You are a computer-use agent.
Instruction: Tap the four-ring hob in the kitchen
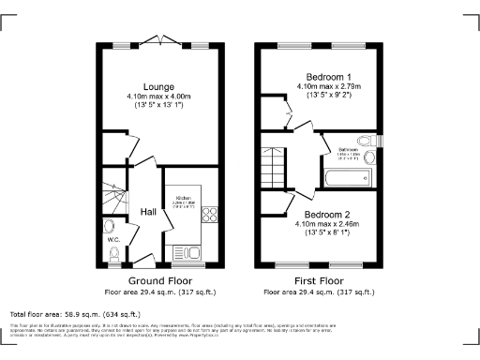(209, 215)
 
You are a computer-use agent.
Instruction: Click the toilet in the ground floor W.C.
(113, 228)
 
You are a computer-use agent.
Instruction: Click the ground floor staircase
(113, 193)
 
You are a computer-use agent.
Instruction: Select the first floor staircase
(277, 164)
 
